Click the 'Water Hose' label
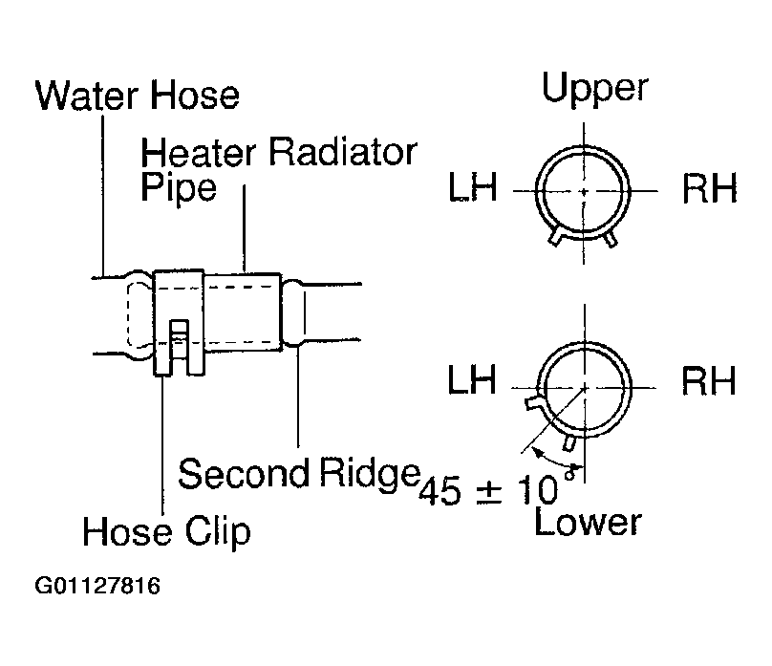[x=138, y=95]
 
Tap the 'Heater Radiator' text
[x=279, y=152]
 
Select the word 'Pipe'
[x=179, y=188]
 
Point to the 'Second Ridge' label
[x=299, y=474]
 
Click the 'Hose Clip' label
[x=166, y=531]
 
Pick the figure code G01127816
[x=97, y=587]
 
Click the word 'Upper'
[x=594, y=89]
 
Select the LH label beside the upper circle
[x=473, y=187]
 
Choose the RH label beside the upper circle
[x=710, y=188]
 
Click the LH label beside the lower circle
[x=472, y=379]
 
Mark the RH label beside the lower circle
[x=709, y=380]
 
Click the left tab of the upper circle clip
[x=555, y=235]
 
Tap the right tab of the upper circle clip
[x=610, y=238]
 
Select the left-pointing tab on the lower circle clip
[x=533, y=402]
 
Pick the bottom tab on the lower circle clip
[x=569, y=442]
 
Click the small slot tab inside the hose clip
[x=180, y=338]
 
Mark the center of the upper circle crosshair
[x=584, y=191]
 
